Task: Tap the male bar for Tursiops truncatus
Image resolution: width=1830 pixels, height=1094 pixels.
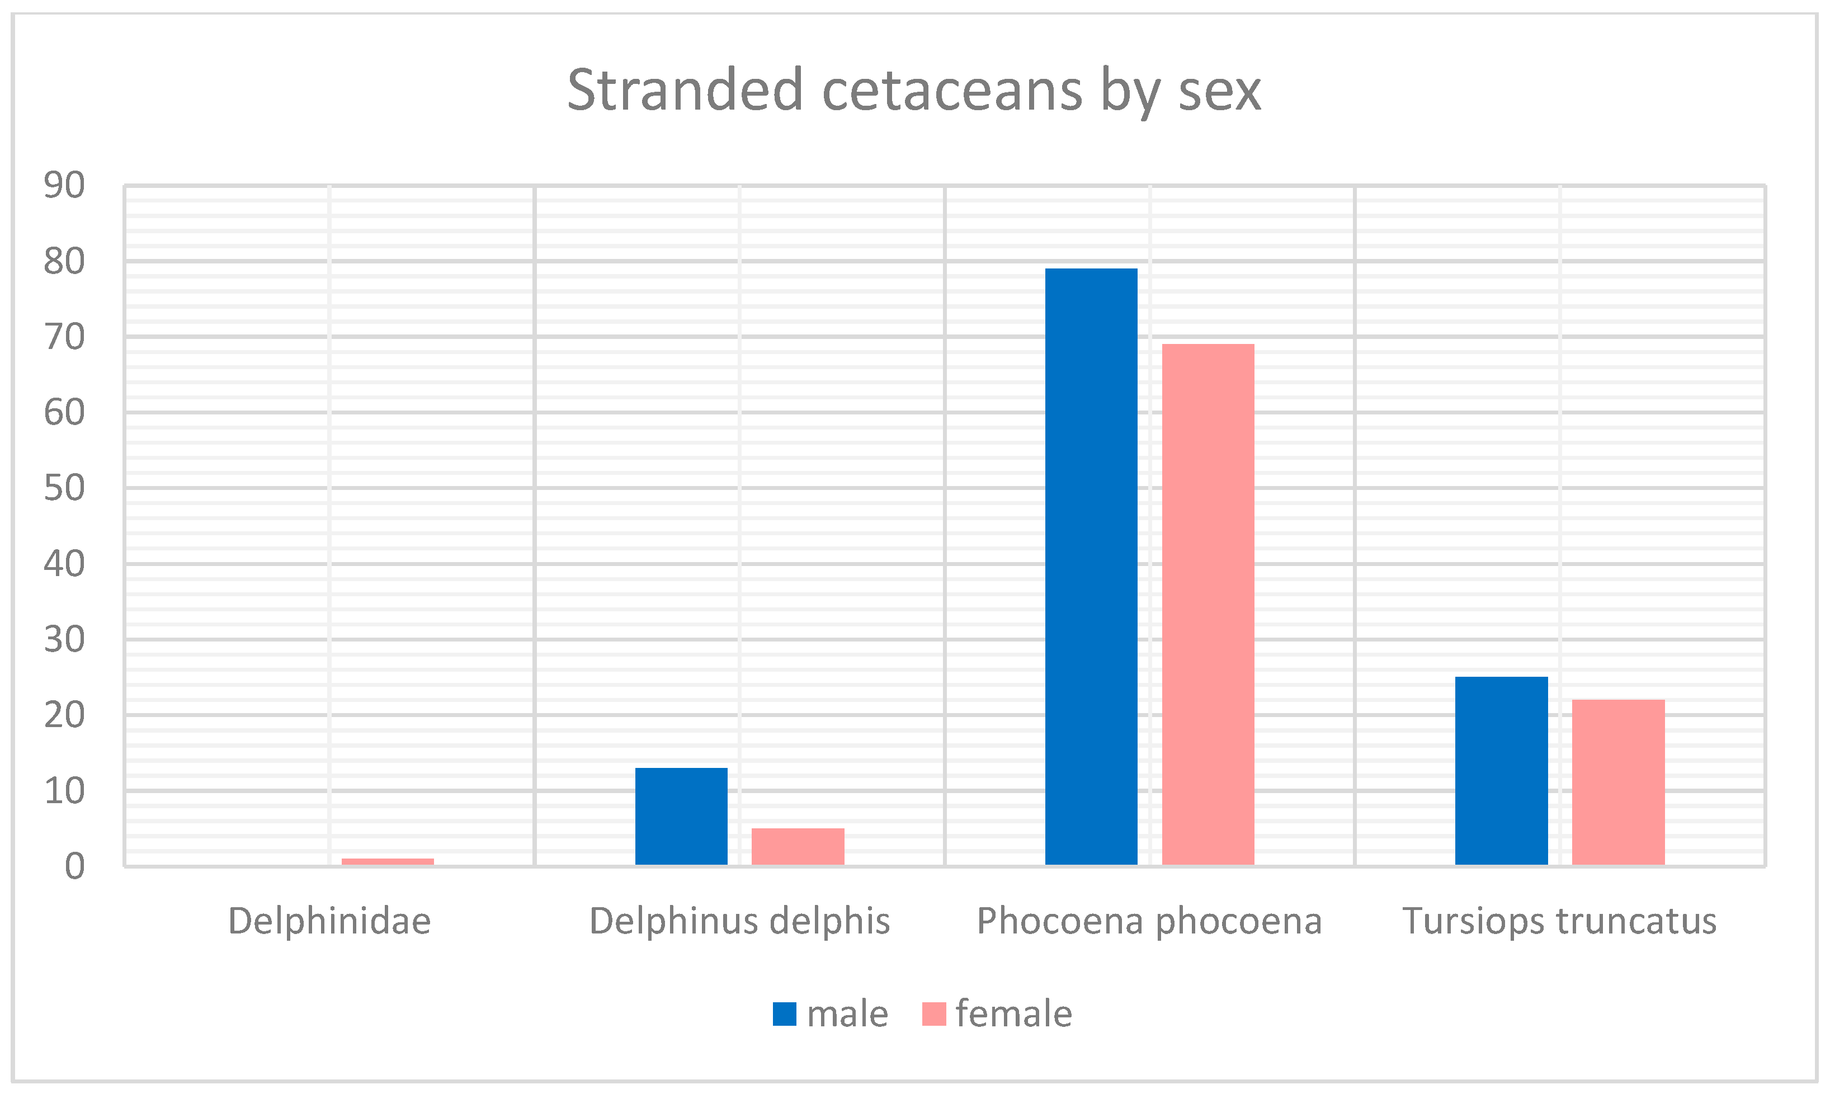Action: pyautogui.click(x=1501, y=770)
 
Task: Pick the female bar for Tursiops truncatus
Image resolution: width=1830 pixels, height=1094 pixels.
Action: pyautogui.click(x=1619, y=781)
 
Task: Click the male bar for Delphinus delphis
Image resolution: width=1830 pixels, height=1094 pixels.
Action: pyautogui.click(x=681, y=816)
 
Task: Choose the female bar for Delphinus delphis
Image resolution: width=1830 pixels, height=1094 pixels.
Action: pyautogui.click(x=798, y=846)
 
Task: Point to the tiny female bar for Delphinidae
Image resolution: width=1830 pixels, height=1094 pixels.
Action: pyautogui.click(x=388, y=861)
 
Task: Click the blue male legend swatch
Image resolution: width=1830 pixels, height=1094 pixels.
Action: pyautogui.click(x=784, y=1013)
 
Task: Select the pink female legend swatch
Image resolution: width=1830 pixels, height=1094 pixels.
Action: pyautogui.click(x=934, y=1013)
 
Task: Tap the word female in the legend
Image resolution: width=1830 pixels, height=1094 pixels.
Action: pyautogui.click(x=1013, y=1013)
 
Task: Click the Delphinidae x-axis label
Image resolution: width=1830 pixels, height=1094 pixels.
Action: pyautogui.click(x=329, y=921)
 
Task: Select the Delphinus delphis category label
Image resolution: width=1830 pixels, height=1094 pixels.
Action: pyautogui.click(x=739, y=921)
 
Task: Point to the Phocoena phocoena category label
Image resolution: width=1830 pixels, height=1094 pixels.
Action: pyautogui.click(x=1149, y=921)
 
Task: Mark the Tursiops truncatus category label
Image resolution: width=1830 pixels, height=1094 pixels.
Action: pyautogui.click(x=1559, y=921)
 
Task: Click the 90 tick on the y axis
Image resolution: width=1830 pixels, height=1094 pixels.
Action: pyautogui.click(x=64, y=185)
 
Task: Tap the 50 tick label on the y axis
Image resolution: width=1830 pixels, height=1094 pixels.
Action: pyautogui.click(x=64, y=488)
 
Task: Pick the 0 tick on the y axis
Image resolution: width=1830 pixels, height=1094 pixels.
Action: pyautogui.click(x=74, y=866)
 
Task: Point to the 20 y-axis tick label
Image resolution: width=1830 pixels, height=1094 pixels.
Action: pyautogui.click(x=64, y=715)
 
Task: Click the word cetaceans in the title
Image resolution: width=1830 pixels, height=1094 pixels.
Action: pyautogui.click(x=951, y=90)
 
